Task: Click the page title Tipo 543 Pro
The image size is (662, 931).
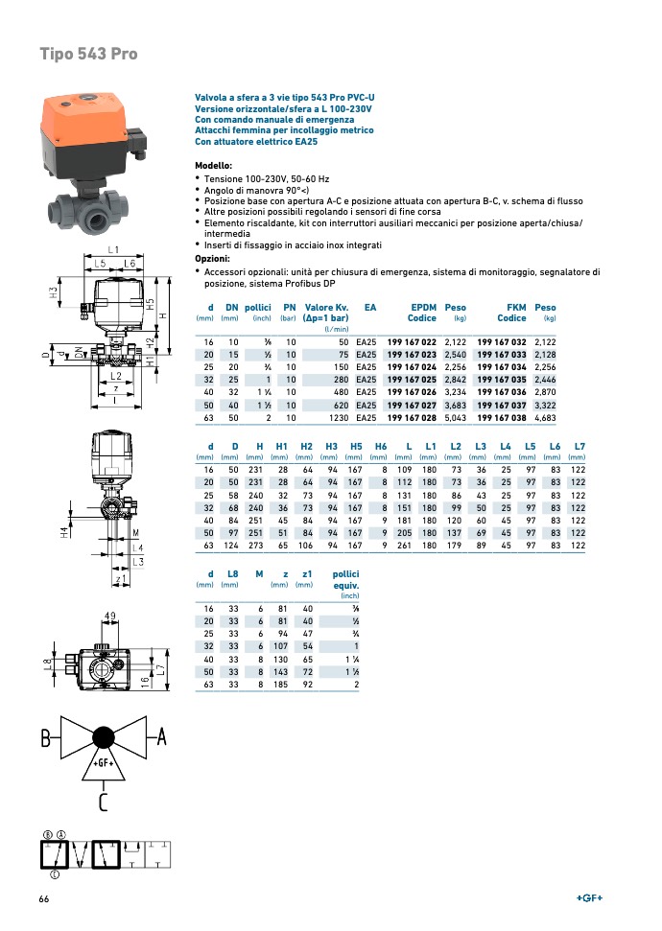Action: click(88, 54)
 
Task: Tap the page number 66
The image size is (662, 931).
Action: click(44, 898)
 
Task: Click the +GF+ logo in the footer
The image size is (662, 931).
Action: click(589, 898)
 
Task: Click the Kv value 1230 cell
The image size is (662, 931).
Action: click(338, 419)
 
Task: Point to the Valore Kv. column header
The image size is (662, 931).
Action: click(325, 312)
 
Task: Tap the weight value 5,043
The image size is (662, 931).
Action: click(455, 419)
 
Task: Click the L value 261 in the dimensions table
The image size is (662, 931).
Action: click(404, 545)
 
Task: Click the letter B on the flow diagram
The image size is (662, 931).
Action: click(45, 739)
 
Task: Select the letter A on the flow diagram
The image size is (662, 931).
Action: click(161, 736)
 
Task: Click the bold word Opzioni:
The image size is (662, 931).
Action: click(212, 259)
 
